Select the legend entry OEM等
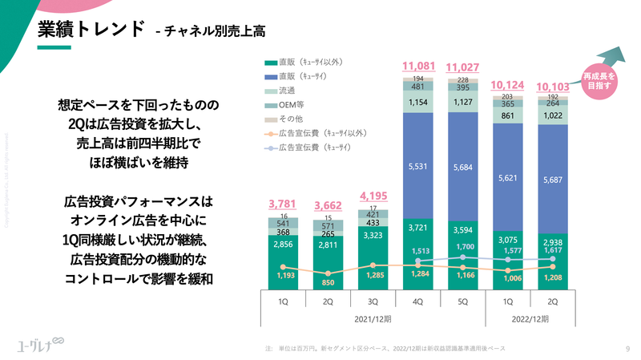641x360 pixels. click(289, 104)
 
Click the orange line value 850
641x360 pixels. click(328, 283)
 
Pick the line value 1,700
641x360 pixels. click(463, 247)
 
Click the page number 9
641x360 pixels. click(627, 348)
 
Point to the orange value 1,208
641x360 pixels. click(553, 277)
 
